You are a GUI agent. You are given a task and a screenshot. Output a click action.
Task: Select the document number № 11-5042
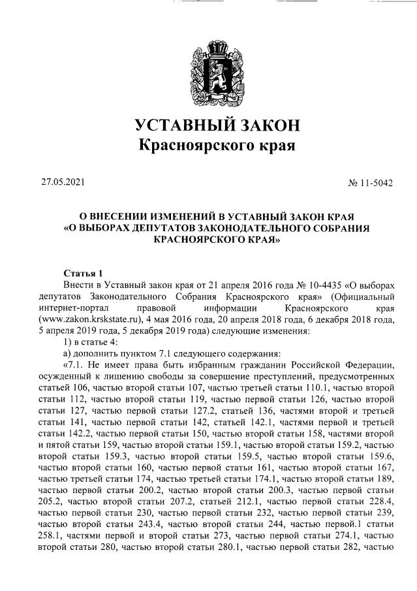coord(371,183)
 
